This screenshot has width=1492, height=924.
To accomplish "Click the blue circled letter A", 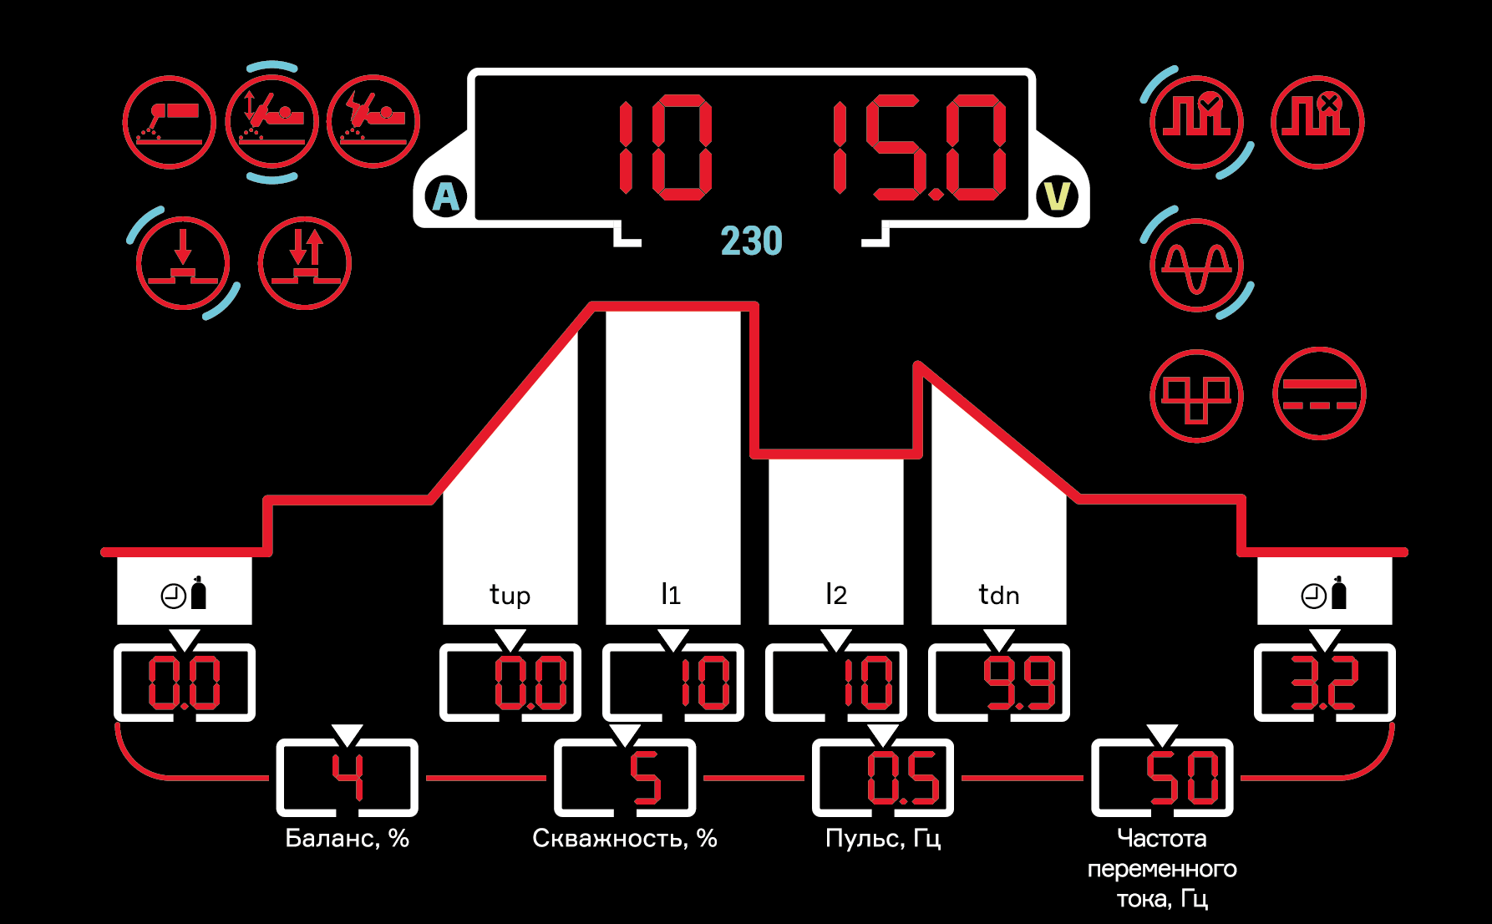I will tap(446, 198).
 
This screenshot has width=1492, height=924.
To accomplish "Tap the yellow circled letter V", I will tap(1057, 197).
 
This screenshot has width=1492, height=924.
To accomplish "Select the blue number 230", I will tap(751, 241).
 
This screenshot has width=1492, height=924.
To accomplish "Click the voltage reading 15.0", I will tap(919, 148).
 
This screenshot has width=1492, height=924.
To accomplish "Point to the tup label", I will tap(510, 595).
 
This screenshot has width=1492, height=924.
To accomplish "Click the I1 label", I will tap(671, 594).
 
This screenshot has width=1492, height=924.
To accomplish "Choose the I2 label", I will tap(835, 594).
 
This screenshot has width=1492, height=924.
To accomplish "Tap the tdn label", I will tap(998, 595).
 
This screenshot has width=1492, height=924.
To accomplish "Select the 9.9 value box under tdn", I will tap(999, 683).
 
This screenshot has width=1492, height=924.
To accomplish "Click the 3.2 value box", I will tap(1325, 683).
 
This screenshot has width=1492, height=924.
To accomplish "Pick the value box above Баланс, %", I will tap(347, 778).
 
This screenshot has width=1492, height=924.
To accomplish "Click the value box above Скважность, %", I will tap(625, 778).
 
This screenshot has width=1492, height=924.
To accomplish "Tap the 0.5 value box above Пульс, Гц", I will tap(883, 778).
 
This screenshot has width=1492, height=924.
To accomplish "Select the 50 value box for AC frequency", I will tap(1162, 778).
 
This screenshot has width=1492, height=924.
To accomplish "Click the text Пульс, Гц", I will tap(883, 838).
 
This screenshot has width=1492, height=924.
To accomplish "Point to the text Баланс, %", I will tap(347, 838).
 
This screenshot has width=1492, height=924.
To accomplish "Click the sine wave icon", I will tap(1196, 264).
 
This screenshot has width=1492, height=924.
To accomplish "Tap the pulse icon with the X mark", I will tap(1317, 122).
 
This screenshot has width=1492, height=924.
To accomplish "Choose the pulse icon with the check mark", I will tap(1196, 122).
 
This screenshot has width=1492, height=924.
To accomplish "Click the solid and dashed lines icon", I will tap(1319, 394).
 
